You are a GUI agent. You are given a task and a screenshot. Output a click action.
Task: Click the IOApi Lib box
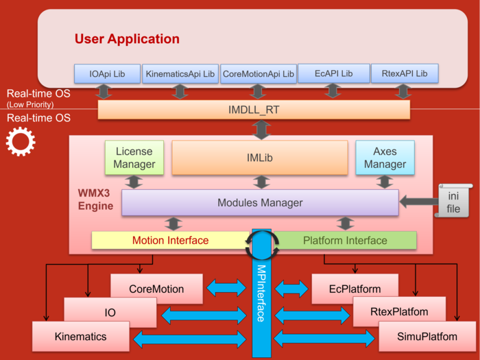107,73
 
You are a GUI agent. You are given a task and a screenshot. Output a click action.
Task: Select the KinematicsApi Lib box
180,73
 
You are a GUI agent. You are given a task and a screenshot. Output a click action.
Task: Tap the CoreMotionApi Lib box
258,73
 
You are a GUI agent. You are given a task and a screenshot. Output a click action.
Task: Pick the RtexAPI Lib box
404,73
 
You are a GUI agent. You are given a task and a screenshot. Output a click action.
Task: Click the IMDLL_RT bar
254,110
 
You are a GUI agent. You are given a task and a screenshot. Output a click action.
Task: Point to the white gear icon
20,142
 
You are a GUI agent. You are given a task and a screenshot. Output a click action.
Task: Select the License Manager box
134,157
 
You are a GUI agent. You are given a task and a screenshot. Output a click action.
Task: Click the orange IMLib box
260,157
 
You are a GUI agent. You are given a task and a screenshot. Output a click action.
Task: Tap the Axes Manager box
385,157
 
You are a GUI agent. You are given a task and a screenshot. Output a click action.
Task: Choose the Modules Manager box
260,202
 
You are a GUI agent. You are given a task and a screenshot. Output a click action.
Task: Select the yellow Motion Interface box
170,240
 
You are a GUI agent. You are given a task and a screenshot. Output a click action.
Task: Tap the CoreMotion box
156,289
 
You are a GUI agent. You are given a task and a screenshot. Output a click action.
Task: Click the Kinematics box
80,337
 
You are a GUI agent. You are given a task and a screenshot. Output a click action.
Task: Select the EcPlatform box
355,289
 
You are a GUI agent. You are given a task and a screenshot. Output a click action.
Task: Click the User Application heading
127,39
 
